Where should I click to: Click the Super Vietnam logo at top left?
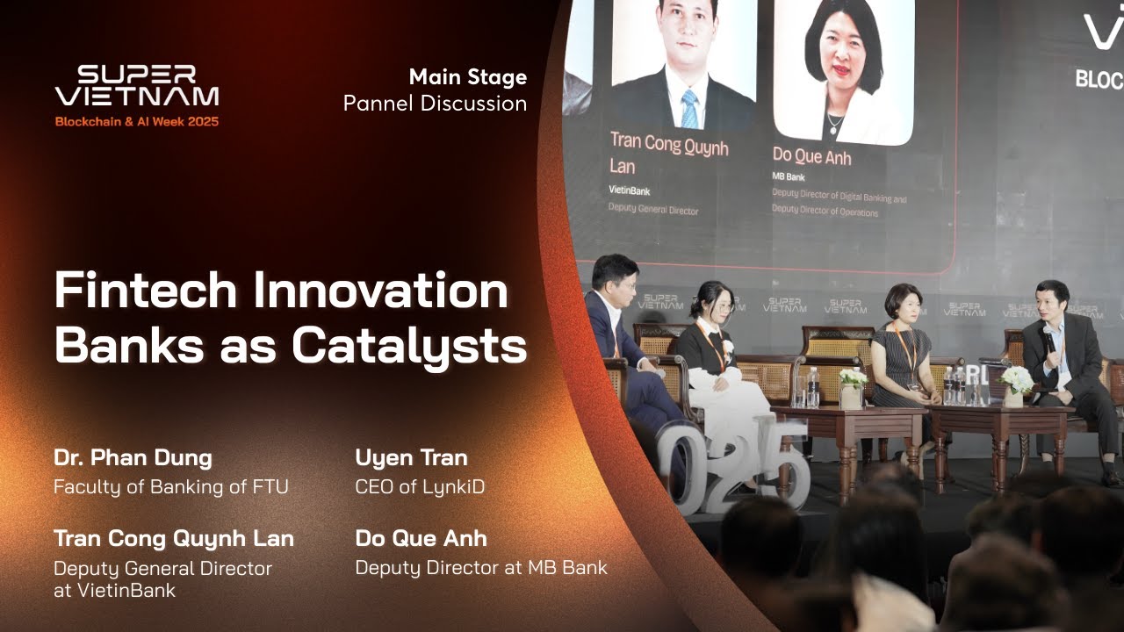coord(137,86)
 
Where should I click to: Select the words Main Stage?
coord(468,77)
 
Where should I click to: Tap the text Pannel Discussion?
coord(435,104)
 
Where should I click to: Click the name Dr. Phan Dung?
coord(133,457)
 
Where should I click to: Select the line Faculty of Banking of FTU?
coord(170,486)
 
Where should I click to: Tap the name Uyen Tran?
coord(411,457)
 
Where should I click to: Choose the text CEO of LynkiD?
coord(420,486)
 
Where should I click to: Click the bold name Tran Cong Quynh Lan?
coord(174,538)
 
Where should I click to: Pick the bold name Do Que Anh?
coord(421,538)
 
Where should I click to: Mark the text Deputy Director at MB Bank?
coord(481,568)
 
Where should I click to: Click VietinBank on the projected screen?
coord(630,190)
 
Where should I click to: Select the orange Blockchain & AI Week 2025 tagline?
coord(137,122)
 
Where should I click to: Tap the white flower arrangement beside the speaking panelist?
coord(1017,381)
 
